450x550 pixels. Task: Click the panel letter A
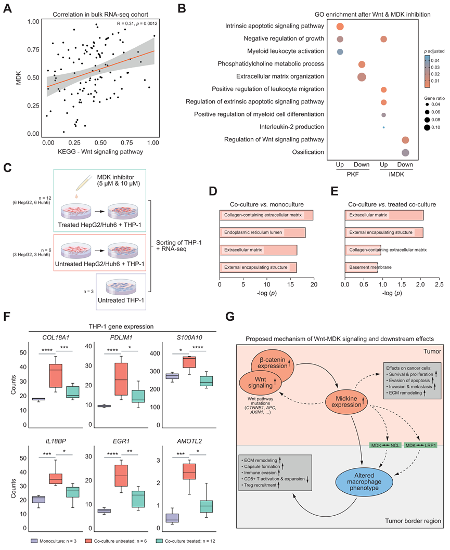click(x=8, y=8)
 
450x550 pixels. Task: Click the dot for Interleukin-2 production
click(x=383, y=127)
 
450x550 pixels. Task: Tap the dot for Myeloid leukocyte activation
click(x=340, y=51)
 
